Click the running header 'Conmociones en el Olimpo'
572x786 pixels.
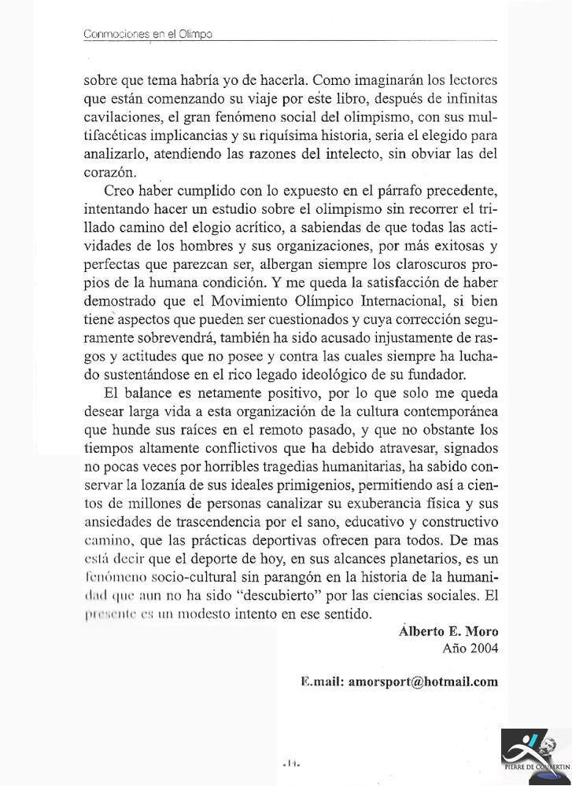point(148,35)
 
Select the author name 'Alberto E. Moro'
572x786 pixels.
point(448,632)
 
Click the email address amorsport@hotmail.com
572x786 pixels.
point(400,682)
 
